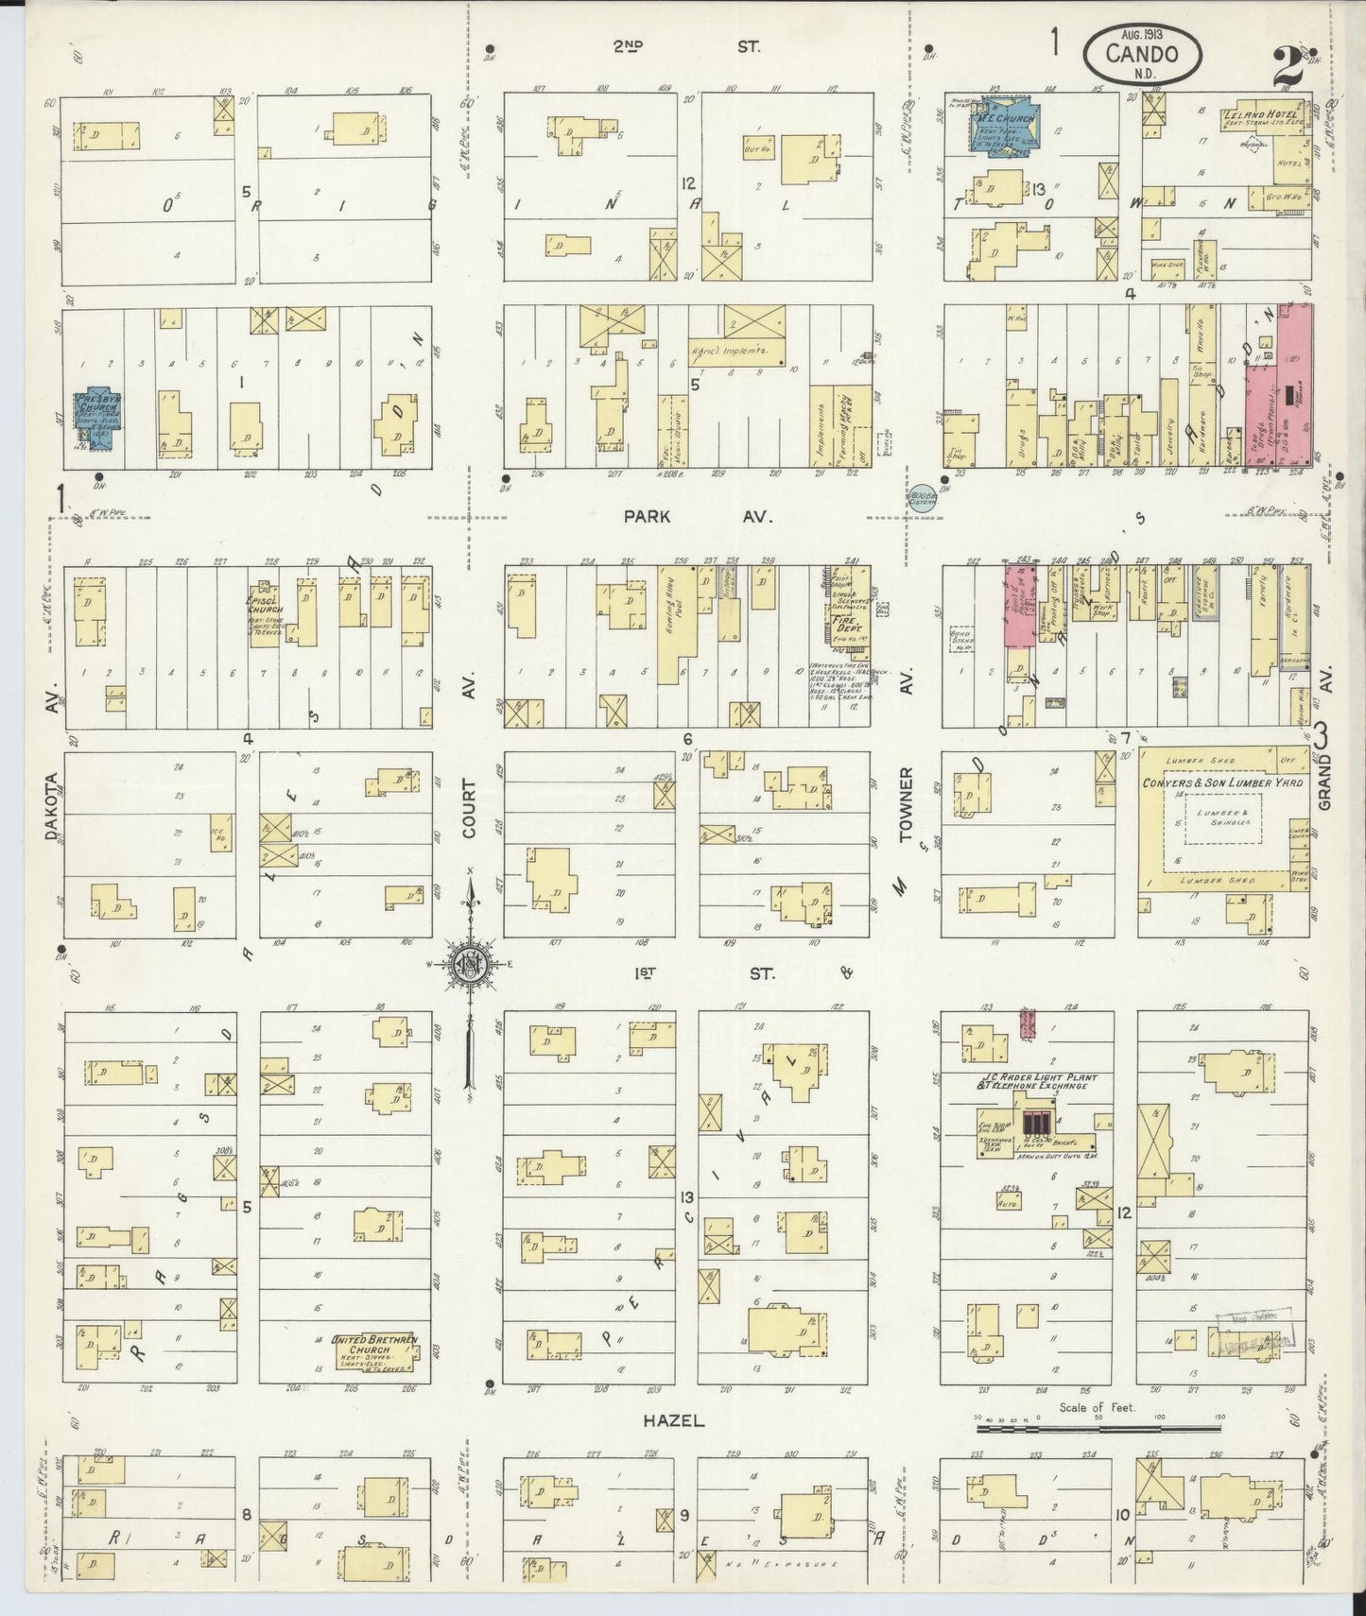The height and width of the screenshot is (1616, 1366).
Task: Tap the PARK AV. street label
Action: coord(698,517)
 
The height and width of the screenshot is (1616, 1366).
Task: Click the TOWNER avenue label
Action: coord(906,803)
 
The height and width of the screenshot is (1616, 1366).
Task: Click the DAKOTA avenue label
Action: coord(52,806)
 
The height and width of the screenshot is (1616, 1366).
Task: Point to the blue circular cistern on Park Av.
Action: coord(922,496)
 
